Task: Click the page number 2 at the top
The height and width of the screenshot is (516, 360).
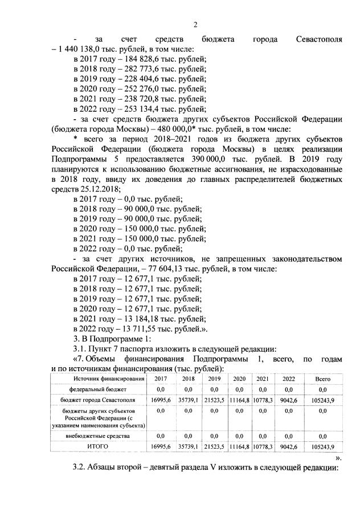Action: tap(195, 24)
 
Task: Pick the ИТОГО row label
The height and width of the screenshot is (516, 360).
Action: tap(97, 446)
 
